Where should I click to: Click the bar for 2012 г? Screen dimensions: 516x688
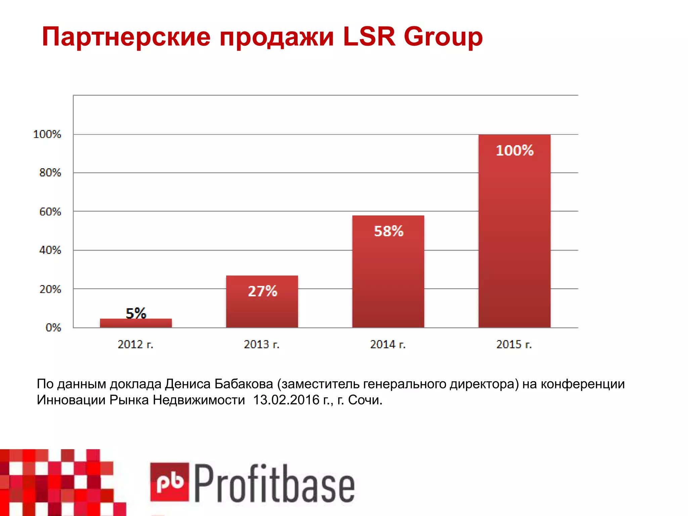[x=136, y=323]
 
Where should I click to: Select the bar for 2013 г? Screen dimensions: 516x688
[x=262, y=302]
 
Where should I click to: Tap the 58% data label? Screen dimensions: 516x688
[x=389, y=231]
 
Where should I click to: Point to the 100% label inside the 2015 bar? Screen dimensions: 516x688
[x=515, y=150]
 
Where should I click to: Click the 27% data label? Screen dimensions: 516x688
[x=262, y=291]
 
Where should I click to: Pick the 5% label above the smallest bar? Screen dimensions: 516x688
[x=136, y=313]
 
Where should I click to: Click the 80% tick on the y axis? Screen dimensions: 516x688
[x=50, y=173]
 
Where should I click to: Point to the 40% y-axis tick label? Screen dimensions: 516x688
[x=50, y=250]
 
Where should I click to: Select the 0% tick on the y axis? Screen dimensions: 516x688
[x=53, y=328]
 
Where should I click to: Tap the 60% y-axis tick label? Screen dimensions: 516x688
[x=50, y=212]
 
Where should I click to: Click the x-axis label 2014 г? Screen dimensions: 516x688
[x=388, y=344]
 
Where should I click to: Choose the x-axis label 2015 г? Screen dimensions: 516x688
[x=514, y=344]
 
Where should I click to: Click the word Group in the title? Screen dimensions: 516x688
[x=443, y=37]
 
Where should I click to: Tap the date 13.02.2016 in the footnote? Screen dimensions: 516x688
[x=286, y=400]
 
